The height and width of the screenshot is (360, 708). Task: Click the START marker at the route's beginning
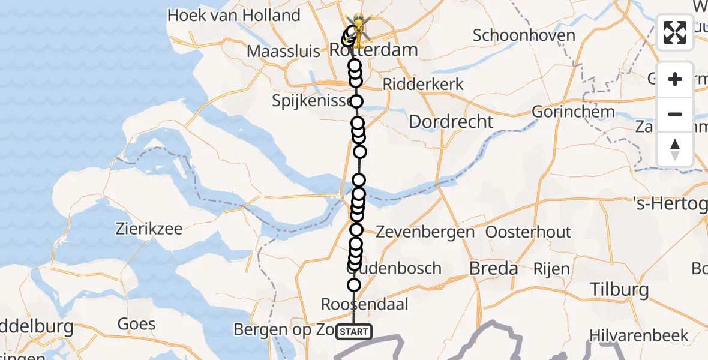pos(354,331)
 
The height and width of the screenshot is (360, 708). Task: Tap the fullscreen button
pos(675,32)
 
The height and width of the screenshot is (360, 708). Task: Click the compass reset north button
pos(675,149)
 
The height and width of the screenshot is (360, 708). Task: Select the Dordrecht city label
pos(451,122)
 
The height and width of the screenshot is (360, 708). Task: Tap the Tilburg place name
pos(619,290)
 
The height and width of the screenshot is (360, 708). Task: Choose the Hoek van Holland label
pos(233,15)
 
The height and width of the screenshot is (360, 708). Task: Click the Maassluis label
pos(283,51)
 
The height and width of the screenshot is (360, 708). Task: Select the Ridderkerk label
pos(423,84)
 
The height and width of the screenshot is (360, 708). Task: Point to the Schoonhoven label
pos(524,35)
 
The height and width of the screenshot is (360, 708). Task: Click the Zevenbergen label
pos(426,232)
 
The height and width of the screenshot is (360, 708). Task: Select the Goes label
pos(136,324)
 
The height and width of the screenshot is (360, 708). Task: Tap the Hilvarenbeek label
pos(639,335)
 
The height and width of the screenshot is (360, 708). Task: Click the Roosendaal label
pos(365,304)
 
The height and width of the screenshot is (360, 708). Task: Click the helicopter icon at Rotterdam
pos(358,30)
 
